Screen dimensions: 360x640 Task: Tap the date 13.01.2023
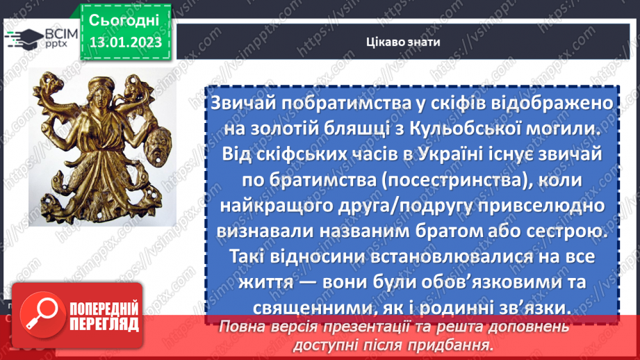click(125, 42)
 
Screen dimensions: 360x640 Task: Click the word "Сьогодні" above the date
click(124, 19)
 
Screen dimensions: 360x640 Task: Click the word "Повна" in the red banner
click(242, 326)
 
